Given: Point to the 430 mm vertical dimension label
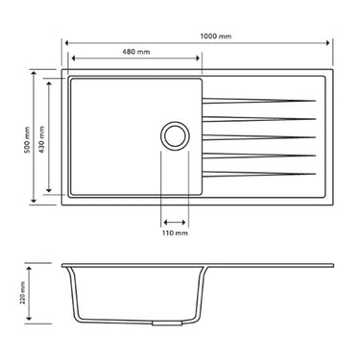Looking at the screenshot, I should pos(40,139).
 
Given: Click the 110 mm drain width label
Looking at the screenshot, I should pos(176,232).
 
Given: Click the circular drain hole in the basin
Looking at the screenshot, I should pos(176,135).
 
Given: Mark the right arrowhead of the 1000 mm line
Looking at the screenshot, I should pos(329,43).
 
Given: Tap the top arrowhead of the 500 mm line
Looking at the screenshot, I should pos(36,72).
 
